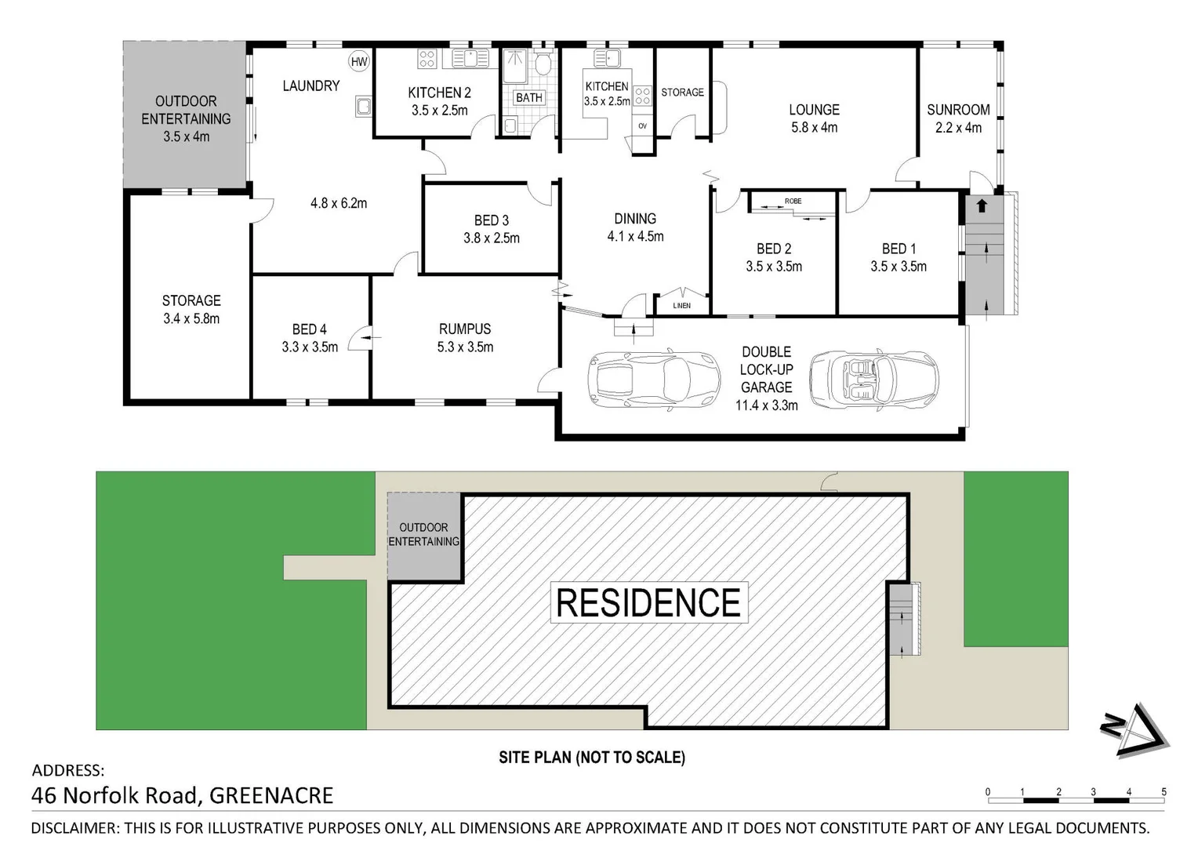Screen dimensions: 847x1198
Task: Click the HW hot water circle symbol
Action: [x=359, y=62]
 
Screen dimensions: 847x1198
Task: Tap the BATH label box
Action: [x=529, y=98]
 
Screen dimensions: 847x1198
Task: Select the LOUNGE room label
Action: [x=814, y=110]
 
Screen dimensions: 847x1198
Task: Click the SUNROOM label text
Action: [x=957, y=110]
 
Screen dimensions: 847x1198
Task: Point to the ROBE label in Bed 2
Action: [x=793, y=202]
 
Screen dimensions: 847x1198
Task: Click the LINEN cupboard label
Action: [x=682, y=305]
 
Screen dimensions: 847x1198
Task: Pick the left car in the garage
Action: [x=653, y=380]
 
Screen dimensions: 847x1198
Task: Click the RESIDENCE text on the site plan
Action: [x=648, y=603]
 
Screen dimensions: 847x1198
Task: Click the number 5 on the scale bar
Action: [x=1164, y=792]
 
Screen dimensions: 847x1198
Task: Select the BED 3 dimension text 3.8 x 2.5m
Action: [x=491, y=238]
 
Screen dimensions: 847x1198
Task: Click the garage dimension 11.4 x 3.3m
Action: [x=766, y=405]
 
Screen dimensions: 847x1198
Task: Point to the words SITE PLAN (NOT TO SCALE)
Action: [x=592, y=758]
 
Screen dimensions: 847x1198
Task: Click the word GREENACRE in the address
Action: [x=271, y=796]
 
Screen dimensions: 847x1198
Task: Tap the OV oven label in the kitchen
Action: [x=642, y=125]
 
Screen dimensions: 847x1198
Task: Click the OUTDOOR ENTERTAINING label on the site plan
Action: [x=423, y=535]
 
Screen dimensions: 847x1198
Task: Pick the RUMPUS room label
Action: [x=465, y=329]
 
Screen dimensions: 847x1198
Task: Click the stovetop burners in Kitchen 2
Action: [x=427, y=58]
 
